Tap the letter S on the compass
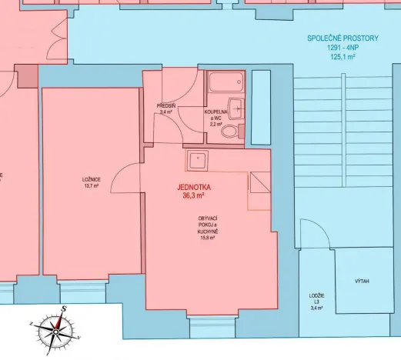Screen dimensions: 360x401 [x=65, y=308]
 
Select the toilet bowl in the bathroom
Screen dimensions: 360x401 [x=229, y=132]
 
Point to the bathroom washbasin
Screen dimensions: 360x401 [x=237, y=108]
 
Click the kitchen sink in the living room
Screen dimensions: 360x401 [x=196, y=160]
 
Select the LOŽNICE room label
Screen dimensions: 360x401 [x=91, y=180]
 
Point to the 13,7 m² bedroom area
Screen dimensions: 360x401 [x=91, y=186]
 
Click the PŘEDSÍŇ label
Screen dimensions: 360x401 [x=165, y=105]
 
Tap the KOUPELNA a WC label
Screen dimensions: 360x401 [x=216, y=114]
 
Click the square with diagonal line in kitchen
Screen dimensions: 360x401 [x=259, y=182]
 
